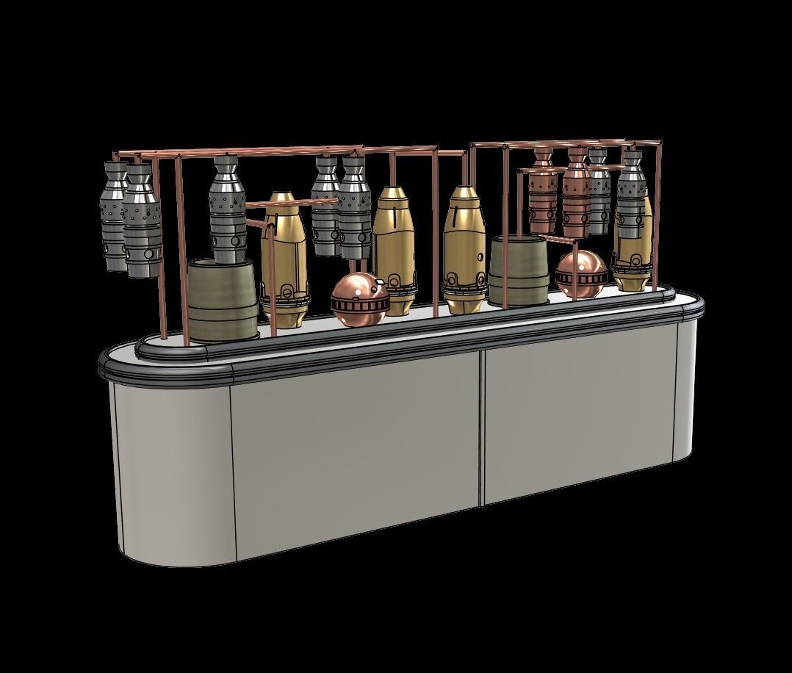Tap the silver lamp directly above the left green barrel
228,209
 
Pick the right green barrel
519,272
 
